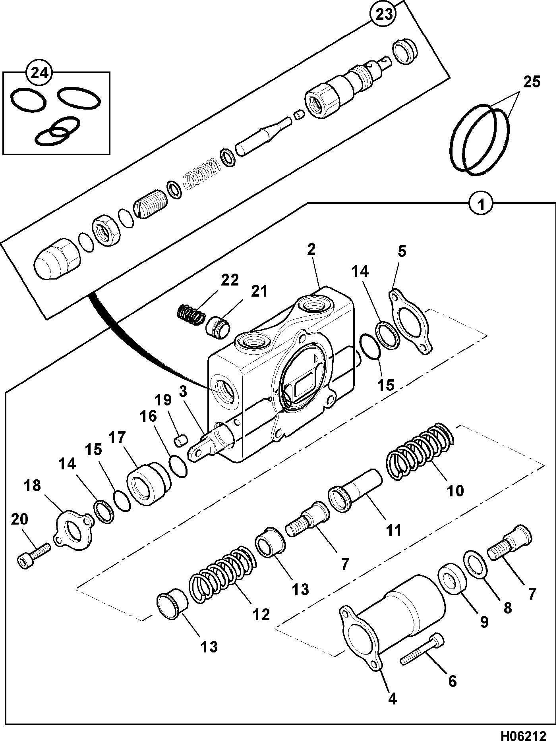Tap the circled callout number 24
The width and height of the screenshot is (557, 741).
[40, 73]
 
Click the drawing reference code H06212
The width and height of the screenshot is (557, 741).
[523, 733]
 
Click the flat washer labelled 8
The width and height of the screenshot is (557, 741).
[476, 561]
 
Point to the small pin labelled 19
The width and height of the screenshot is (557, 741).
[182, 441]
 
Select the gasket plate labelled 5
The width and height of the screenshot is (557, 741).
[410, 322]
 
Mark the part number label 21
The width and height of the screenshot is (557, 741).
[259, 291]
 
